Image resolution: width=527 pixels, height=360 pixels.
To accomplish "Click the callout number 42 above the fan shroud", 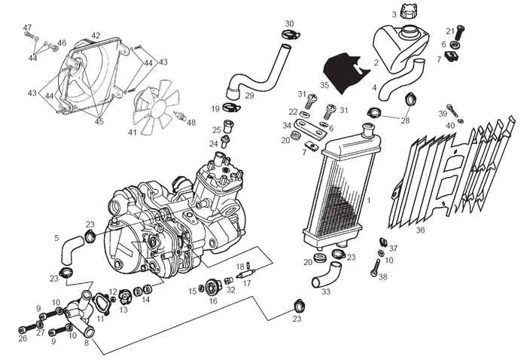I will (x=96, y=35).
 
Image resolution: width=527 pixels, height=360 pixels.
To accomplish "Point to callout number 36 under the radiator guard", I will (x=420, y=230).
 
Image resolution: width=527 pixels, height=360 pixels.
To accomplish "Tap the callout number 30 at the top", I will (x=289, y=23).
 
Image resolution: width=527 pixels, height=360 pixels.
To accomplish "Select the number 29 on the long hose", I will (x=249, y=96).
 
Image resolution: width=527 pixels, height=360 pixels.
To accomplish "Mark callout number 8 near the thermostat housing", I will (x=86, y=342).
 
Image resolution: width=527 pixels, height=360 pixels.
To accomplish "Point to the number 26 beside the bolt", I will (x=23, y=339).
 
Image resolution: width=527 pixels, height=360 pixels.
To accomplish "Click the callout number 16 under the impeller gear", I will (x=213, y=301).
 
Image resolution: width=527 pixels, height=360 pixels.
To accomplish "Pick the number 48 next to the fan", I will (x=190, y=123).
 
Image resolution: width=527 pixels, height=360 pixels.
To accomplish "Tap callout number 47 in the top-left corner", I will (x=28, y=28).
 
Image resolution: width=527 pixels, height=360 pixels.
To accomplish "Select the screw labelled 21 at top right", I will (x=451, y=32).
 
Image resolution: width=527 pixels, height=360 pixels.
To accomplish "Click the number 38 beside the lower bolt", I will (x=383, y=277).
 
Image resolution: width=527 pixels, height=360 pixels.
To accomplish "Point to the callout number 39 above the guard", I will (x=443, y=113).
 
